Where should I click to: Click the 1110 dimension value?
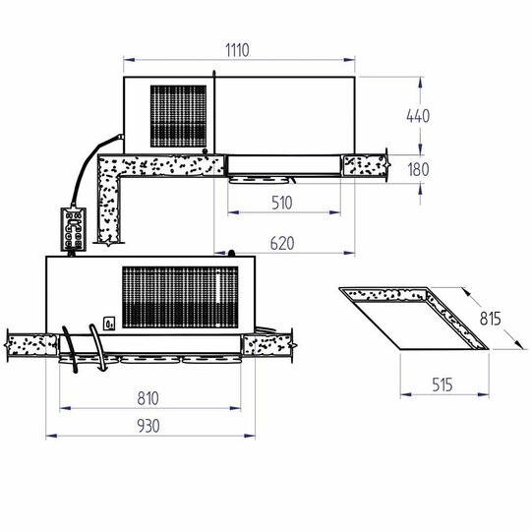(x=239, y=48)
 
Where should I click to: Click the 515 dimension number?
(x=442, y=386)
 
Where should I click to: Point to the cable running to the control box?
(x=79, y=177)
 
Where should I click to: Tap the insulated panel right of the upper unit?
(x=363, y=164)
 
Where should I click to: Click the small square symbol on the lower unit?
(x=110, y=321)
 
